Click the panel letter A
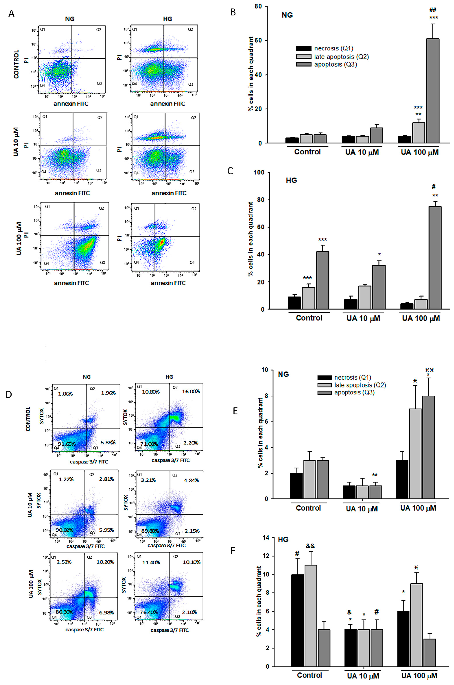tap(11, 13)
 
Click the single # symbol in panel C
tap(433, 187)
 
